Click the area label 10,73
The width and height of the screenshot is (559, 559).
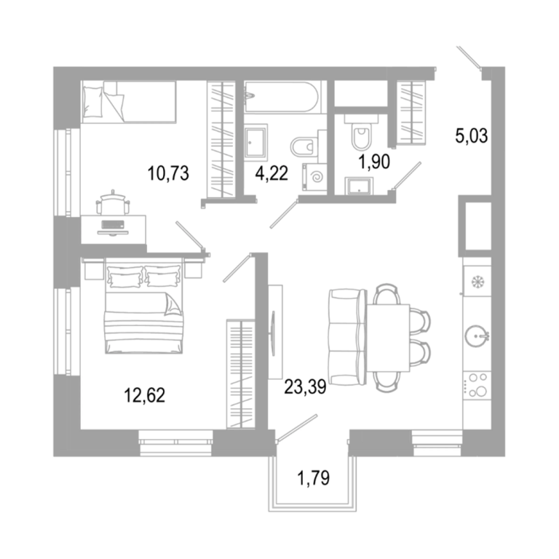[168, 174]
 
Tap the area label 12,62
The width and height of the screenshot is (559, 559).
[144, 395]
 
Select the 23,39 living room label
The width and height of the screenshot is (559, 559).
[305, 386]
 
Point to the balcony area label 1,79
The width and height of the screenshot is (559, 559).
[314, 478]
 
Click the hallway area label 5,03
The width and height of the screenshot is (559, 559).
[472, 136]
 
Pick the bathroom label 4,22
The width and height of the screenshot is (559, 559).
[271, 174]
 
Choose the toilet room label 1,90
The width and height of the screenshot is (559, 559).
[374, 162]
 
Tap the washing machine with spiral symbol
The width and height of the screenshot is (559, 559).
[314, 177]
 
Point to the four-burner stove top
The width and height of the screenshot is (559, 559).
[477, 386]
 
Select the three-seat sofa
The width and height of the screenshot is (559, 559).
[347, 338]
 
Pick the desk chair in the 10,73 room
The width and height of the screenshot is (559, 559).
[113, 203]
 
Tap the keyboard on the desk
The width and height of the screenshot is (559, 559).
[113, 225]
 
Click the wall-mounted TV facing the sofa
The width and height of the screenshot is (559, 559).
[273, 328]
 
